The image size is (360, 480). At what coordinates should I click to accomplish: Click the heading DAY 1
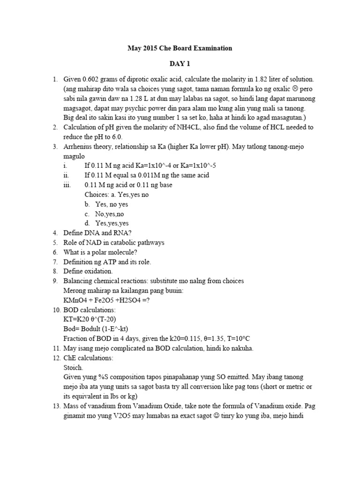(x=180, y=63)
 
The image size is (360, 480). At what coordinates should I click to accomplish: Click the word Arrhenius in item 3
(x=79, y=147)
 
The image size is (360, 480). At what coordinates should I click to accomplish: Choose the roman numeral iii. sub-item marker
(x=67, y=185)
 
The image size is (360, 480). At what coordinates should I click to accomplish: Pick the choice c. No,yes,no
(x=106, y=214)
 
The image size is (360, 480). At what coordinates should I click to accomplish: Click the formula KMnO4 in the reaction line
(x=75, y=300)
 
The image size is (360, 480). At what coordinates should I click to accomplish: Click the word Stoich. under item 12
(x=73, y=367)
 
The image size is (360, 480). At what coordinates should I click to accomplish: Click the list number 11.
(x=55, y=348)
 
